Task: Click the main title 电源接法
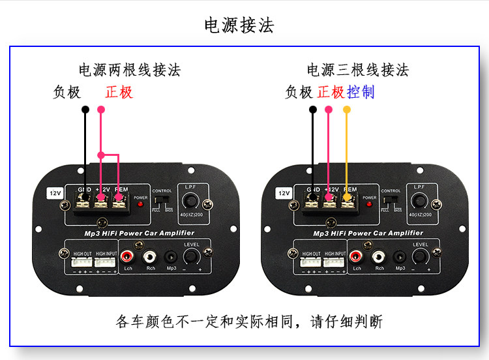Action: tap(239, 25)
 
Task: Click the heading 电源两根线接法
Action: tap(130, 70)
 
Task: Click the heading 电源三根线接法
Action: tap(358, 70)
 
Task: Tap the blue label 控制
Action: tap(361, 92)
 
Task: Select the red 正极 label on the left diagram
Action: tap(119, 92)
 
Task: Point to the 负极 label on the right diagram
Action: tap(299, 92)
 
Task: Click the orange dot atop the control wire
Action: tap(347, 110)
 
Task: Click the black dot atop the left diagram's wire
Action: tap(85, 110)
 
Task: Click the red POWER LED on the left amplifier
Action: tap(140, 204)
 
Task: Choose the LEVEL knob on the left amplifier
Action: tap(191, 257)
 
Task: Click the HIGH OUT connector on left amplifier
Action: tap(81, 262)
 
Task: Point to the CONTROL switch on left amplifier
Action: tap(162, 200)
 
